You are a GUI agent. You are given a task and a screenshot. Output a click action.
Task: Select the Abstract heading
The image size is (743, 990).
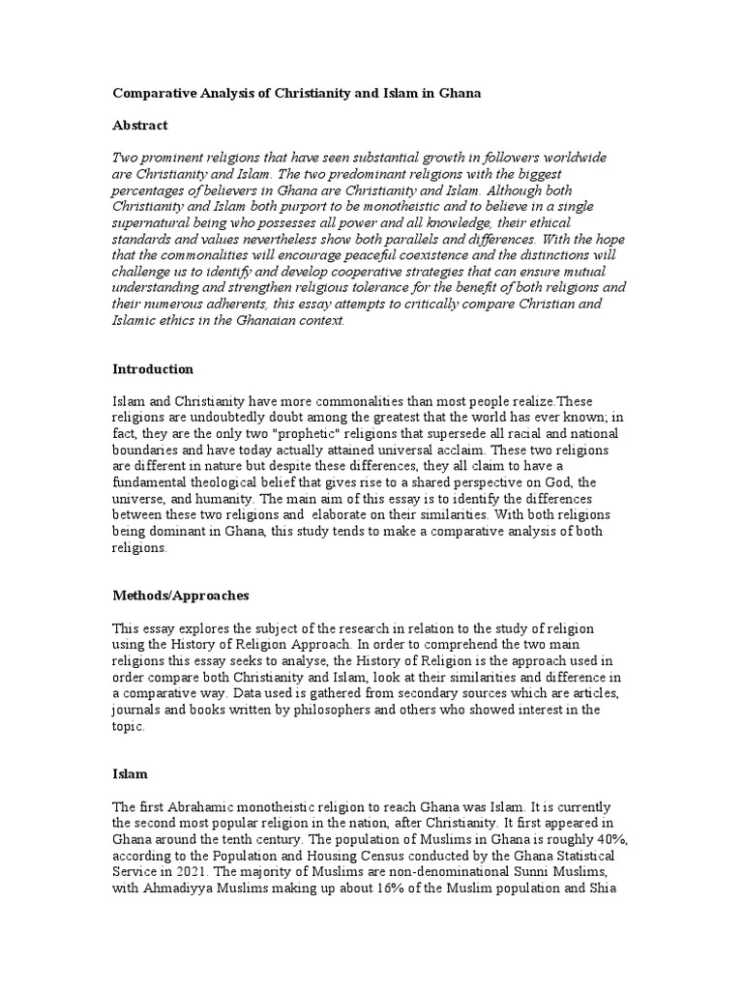click(140, 126)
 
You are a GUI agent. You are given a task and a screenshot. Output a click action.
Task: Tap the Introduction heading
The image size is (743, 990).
click(153, 369)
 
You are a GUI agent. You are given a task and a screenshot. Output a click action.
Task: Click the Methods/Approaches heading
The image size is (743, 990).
click(181, 597)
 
